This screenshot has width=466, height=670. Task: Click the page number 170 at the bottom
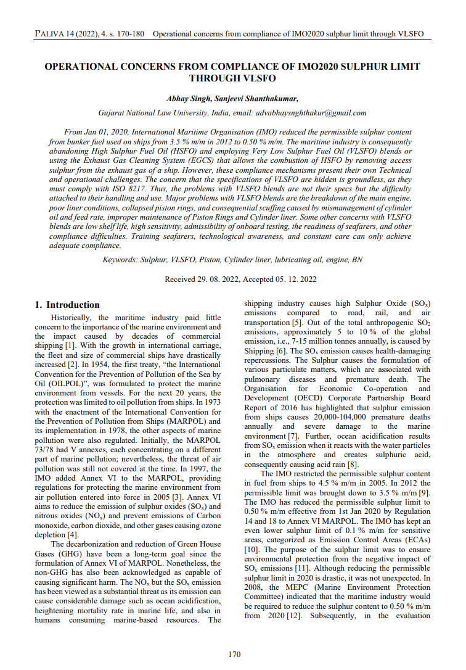point(234,654)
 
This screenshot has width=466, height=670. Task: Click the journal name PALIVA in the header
point(50,33)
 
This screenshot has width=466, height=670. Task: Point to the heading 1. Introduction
point(67,305)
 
